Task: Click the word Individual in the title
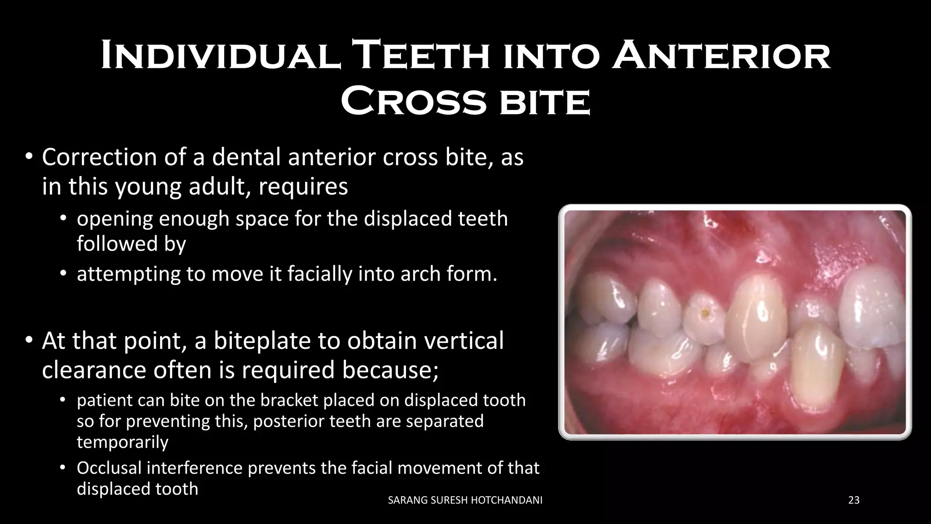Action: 220,56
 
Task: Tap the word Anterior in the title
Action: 721,56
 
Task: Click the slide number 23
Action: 854,500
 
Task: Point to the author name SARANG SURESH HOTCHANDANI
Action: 465,500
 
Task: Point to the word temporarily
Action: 122,442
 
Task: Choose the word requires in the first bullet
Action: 303,187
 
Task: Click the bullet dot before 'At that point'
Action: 29,340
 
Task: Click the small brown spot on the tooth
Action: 705,312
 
